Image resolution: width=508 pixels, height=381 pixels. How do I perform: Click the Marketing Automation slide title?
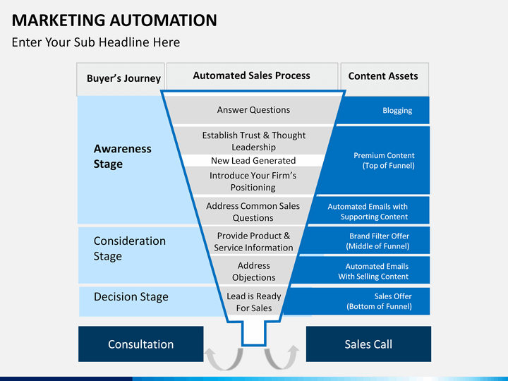[x=114, y=19]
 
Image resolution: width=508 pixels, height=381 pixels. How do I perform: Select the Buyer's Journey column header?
[x=123, y=78]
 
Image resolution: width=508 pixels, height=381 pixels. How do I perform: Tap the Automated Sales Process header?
[x=251, y=75]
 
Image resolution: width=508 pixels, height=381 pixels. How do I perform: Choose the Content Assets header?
[x=383, y=76]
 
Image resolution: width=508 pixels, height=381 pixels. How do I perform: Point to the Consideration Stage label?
[x=130, y=248]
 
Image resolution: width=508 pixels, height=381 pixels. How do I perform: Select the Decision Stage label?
[x=131, y=297]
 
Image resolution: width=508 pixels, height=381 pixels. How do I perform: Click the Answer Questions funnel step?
[x=253, y=110]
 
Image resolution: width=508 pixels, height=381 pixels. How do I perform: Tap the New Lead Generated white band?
[x=253, y=161]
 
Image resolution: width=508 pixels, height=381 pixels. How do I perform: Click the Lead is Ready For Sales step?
[x=253, y=302]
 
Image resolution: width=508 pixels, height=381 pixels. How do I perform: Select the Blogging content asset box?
[x=397, y=111]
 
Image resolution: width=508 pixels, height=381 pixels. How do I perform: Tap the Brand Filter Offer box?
[x=378, y=241]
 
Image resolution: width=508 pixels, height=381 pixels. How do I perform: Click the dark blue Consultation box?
[x=140, y=344]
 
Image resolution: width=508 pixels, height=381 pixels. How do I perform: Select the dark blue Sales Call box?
[x=368, y=344]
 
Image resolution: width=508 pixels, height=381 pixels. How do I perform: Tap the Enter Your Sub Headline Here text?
[x=96, y=42]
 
